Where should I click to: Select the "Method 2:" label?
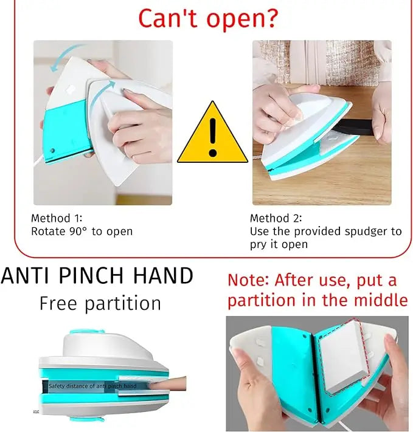(x=275, y=218)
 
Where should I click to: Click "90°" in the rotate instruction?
(x=76, y=231)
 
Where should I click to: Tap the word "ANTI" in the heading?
(x=26, y=276)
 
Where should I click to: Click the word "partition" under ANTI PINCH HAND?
(x=124, y=303)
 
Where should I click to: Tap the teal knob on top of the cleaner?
(x=78, y=334)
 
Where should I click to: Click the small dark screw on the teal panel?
(x=54, y=149)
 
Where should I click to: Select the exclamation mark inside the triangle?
(x=212, y=137)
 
